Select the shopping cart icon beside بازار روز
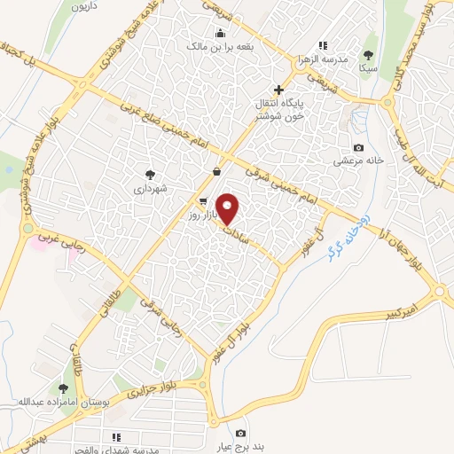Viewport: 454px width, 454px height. click(x=204, y=201)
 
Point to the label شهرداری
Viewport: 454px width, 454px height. click(x=150, y=188)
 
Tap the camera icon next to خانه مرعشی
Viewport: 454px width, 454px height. click(x=358, y=148)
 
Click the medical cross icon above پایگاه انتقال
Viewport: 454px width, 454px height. click(x=278, y=90)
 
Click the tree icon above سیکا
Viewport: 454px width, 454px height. click(x=368, y=54)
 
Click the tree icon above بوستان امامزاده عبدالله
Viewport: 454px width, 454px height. click(x=62, y=387)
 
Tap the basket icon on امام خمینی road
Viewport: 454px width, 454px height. click(x=217, y=172)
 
